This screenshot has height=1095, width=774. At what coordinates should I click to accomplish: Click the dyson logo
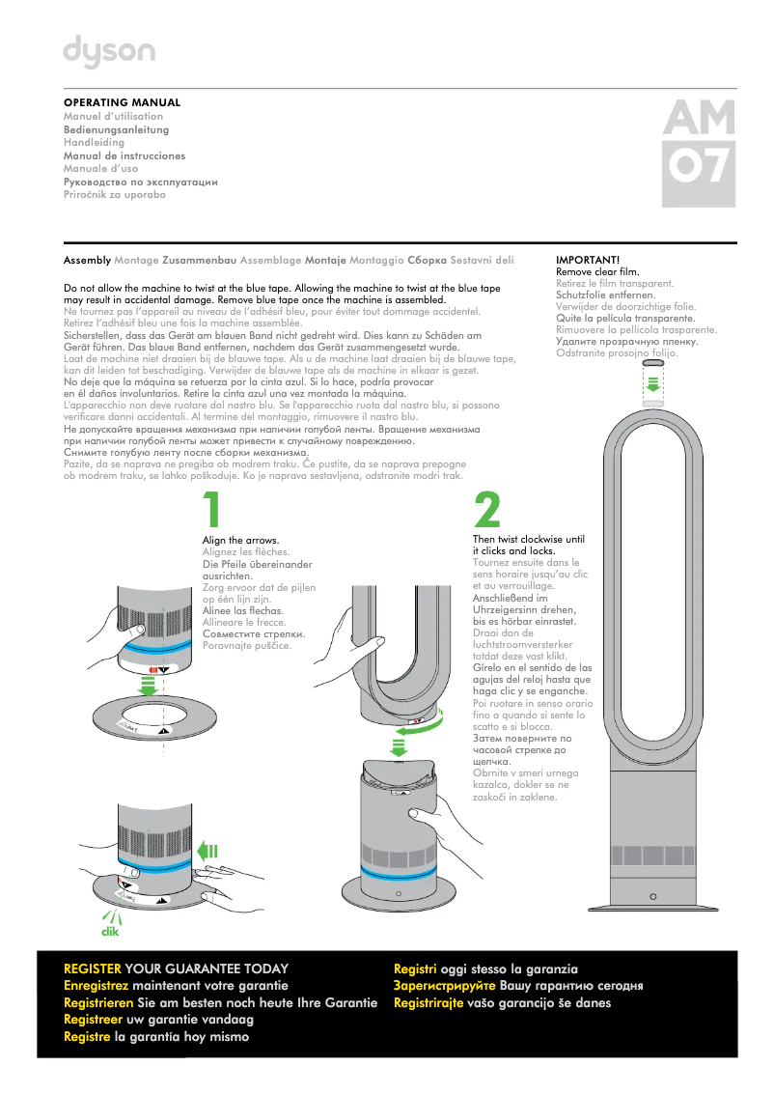click(x=108, y=52)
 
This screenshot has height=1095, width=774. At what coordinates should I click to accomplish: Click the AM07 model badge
click(x=699, y=154)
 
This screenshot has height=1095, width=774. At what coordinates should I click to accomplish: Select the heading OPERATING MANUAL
click(x=122, y=102)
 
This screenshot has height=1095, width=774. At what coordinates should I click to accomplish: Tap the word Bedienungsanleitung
click(x=116, y=129)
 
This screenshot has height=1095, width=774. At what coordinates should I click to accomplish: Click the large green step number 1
click(x=214, y=510)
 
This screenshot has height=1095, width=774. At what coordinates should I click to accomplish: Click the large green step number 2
click(x=487, y=510)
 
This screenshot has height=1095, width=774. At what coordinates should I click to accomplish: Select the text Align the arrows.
click(x=240, y=540)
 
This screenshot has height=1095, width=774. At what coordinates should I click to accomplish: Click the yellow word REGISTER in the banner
click(x=92, y=969)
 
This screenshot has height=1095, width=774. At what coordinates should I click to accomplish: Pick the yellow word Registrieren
click(x=97, y=1003)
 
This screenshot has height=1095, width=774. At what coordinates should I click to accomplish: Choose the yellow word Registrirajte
click(x=431, y=1003)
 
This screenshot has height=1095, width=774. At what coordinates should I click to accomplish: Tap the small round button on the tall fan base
click(x=653, y=896)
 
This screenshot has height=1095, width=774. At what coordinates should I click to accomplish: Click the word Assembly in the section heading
click(x=87, y=261)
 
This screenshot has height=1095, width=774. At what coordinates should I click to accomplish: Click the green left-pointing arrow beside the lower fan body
click(x=207, y=851)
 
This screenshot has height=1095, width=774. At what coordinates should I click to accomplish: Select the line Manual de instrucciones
click(x=124, y=155)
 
